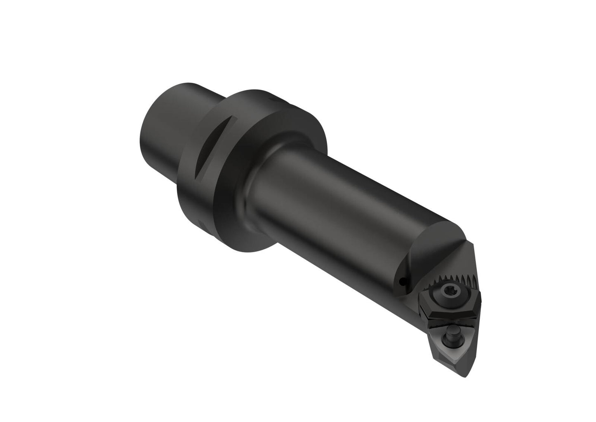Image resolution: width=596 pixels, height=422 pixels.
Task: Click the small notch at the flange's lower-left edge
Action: [201, 223]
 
